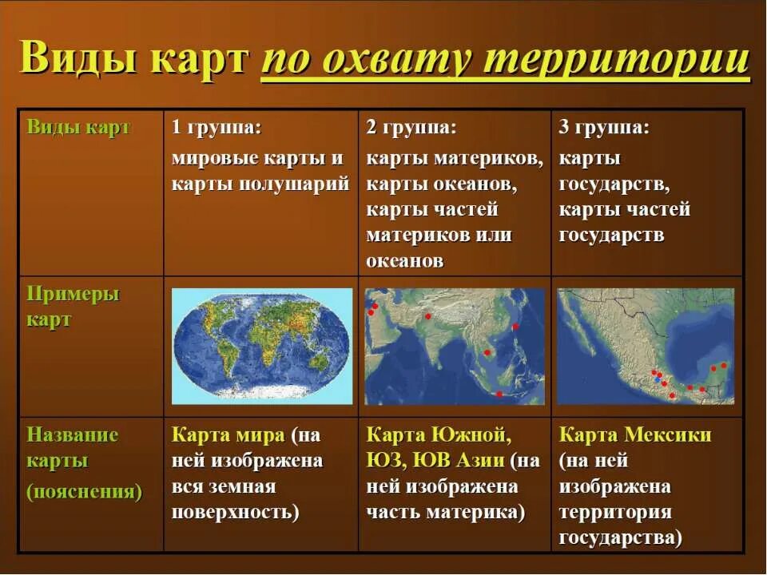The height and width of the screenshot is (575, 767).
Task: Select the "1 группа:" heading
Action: point(217,128)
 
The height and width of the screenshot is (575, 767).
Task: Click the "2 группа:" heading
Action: point(411,128)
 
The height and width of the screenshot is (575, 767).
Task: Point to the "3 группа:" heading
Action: point(604,128)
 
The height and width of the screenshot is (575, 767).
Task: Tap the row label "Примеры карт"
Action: point(72,306)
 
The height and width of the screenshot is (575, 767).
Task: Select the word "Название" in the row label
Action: point(72,435)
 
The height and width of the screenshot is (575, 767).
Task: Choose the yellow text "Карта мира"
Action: point(228,435)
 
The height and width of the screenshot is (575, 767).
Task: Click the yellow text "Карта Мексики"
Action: point(634,435)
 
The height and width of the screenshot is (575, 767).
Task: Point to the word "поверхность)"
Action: point(235,512)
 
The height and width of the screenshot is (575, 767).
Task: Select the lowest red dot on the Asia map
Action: point(499,394)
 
